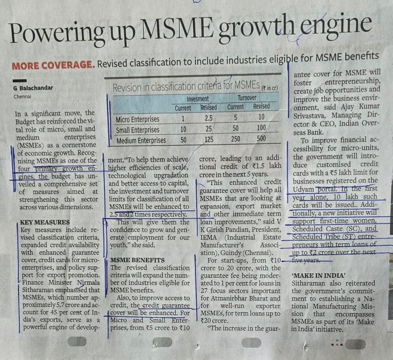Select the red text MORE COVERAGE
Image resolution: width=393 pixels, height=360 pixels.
click(53, 65)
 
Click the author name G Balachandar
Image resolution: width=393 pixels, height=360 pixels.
click(33, 88)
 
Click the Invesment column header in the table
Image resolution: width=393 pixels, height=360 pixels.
click(198, 99)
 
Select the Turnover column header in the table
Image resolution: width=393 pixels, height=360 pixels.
click(247, 98)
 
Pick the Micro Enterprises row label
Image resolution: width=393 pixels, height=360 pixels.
click(137, 120)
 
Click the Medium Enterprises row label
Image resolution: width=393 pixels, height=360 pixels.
click(141, 140)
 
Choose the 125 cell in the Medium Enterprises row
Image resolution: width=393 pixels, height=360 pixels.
click(209, 139)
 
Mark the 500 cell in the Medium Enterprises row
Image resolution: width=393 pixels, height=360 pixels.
click(261, 139)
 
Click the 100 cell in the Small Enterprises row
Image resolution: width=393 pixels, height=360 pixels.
click(261, 128)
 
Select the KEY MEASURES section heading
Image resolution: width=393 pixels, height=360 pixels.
click(45, 222)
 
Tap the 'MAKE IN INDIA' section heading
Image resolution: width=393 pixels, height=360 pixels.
click(314, 276)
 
